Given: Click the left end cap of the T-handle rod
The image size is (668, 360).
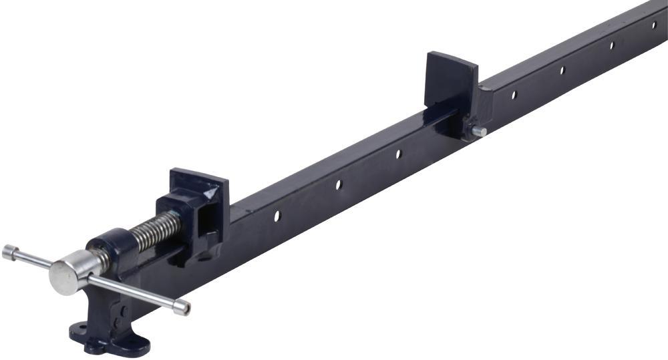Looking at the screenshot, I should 9,252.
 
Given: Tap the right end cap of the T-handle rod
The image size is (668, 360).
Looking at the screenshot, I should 181,307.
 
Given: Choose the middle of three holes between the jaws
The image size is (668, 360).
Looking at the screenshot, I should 339,184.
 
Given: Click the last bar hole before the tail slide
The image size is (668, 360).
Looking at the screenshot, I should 398,154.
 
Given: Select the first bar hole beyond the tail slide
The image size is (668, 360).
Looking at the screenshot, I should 514,95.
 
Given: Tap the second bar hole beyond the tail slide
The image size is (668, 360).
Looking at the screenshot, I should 562,69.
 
